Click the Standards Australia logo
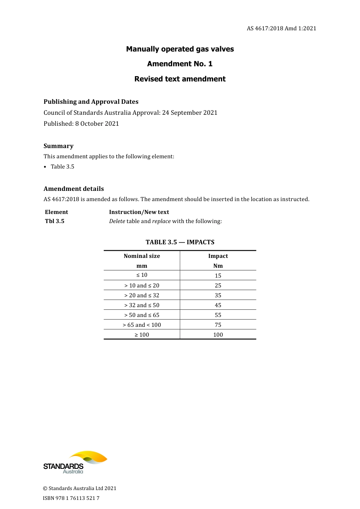75,462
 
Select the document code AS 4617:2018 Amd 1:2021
281,28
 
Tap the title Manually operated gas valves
180,49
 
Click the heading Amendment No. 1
180,64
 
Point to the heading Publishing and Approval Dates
91,101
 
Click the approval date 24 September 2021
190,112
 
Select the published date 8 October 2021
97,123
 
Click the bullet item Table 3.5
63,167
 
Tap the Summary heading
58,146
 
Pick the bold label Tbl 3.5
55,221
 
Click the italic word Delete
117,221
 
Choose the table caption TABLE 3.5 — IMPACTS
180,242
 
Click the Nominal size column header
142,256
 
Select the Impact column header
218,256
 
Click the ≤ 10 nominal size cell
142,275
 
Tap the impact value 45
218,305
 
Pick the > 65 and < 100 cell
142,325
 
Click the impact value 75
218,325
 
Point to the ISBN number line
71,498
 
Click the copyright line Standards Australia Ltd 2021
80,489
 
